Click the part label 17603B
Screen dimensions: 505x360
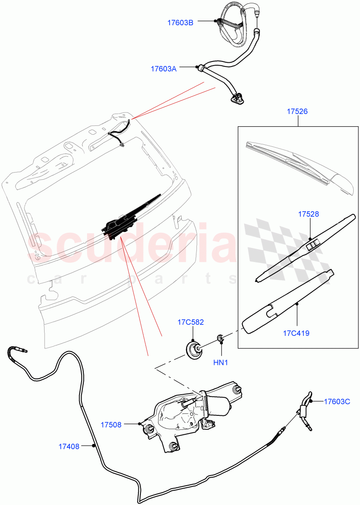coord(180,23)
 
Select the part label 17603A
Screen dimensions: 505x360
coord(164,69)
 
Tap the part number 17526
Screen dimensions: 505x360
coord(297,112)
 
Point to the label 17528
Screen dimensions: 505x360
coord(309,214)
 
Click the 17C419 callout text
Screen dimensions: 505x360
coord(296,333)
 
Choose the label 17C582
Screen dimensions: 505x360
coord(191,322)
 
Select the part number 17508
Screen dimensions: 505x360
coord(111,425)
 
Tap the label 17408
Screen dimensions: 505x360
coord(69,447)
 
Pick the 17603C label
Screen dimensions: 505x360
coord(337,401)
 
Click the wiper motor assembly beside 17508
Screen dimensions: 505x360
coord(189,417)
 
